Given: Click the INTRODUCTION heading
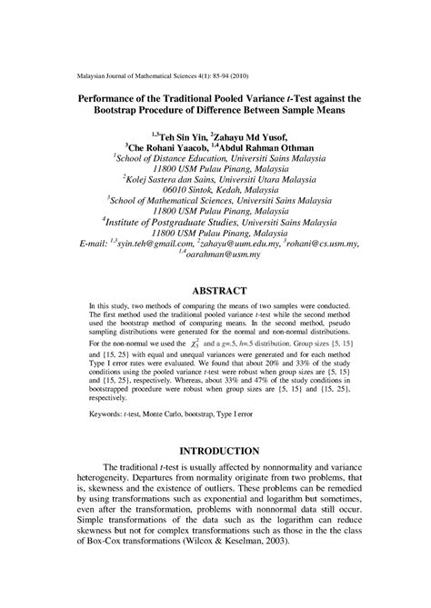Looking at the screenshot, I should click(x=215, y=450).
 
